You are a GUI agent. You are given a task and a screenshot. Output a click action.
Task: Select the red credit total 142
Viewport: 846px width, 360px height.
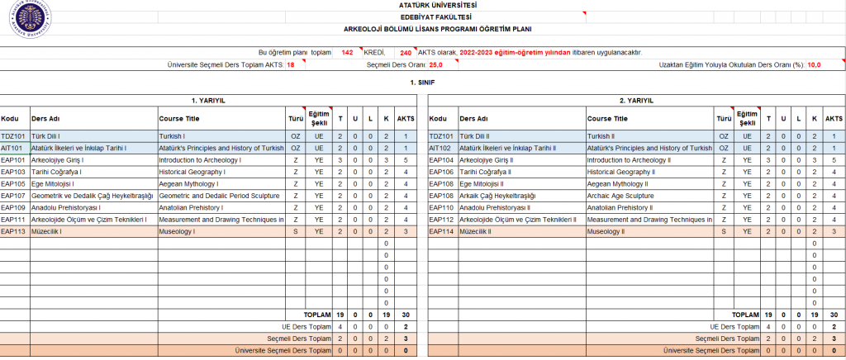coord(347,52)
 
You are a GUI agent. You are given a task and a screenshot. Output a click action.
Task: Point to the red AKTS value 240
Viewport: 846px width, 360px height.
coord(405,52)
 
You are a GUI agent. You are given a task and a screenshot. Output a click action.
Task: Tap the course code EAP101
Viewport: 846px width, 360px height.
coord(14,159)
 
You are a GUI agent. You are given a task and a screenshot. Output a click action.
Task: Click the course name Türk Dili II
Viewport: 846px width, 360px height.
coord(475,135)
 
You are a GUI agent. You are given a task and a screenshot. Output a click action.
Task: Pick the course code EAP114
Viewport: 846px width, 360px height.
coord(443,231)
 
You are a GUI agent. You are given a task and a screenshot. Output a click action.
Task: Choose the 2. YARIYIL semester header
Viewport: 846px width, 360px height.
coord(636,100)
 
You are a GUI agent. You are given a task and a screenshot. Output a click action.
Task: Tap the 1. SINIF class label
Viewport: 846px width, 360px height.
coord(422,83)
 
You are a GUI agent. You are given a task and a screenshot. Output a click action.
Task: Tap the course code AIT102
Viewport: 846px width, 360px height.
coord(442,148)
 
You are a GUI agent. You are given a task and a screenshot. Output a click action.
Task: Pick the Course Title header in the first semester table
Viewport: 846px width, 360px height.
coord(179,117)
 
